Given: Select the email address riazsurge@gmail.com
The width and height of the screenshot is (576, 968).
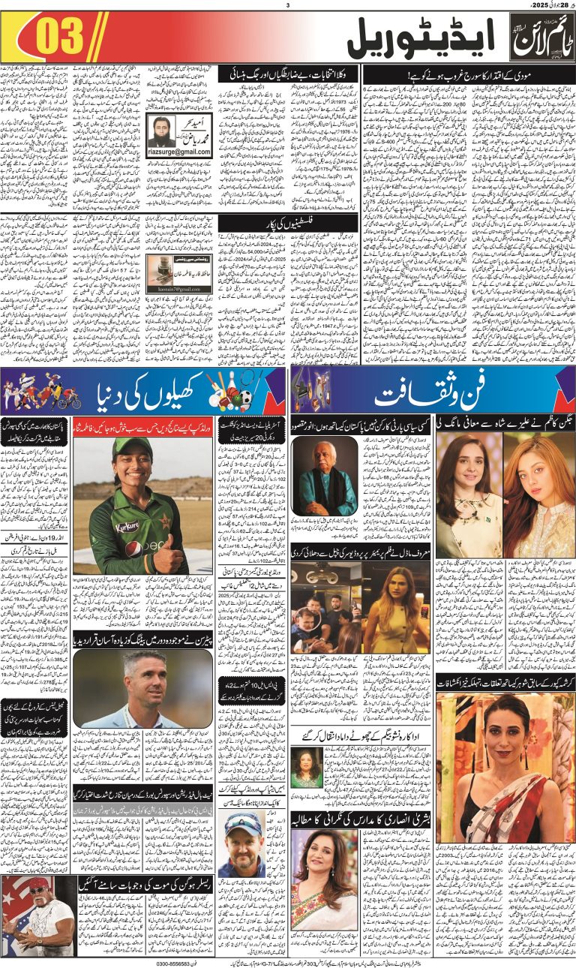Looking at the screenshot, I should coord(180,152).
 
